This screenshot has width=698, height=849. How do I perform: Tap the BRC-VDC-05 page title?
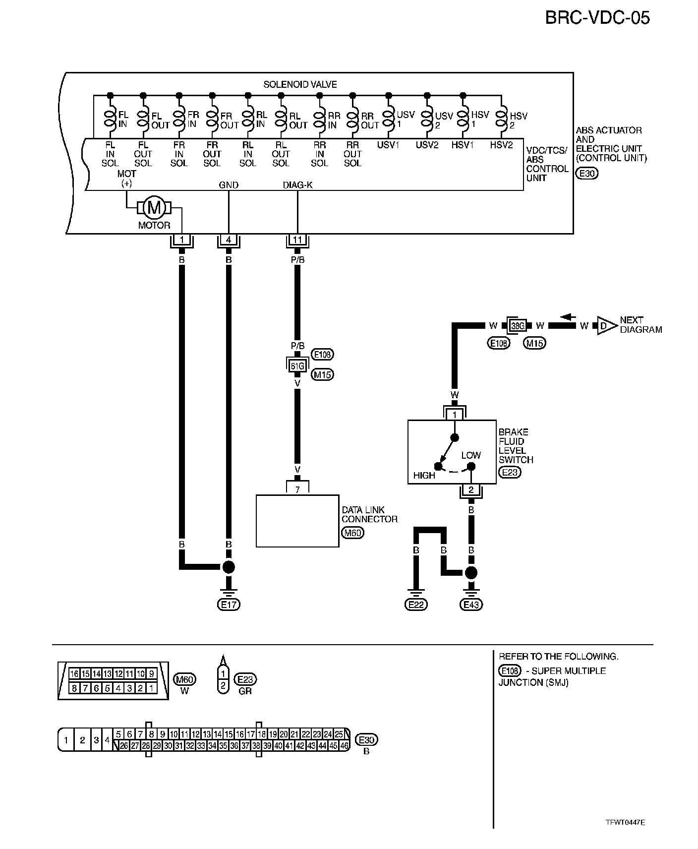(x=597, y=18)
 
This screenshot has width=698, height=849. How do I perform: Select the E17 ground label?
(x=228, y=605)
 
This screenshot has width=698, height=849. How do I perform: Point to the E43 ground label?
(x=471, y=605)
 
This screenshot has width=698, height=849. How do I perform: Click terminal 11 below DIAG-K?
(x=297, y=241)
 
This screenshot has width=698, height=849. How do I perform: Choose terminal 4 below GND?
(x=228, y=241)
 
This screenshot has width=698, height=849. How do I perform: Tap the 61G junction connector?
(x=297, y=366)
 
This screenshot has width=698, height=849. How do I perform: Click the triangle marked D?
(x=606, y=326)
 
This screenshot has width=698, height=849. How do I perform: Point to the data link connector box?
(x=297, y=521)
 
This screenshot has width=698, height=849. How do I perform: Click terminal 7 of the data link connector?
(x=297, y=489)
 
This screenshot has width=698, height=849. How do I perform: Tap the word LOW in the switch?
(x=471, y=455)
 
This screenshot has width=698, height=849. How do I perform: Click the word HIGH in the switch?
(x=424, y=475)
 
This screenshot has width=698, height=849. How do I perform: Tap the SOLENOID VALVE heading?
(x=300, y=84)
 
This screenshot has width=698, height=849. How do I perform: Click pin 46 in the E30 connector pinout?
(x=344, y=745)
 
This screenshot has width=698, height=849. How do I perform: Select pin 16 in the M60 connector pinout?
(x=74, y=674)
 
